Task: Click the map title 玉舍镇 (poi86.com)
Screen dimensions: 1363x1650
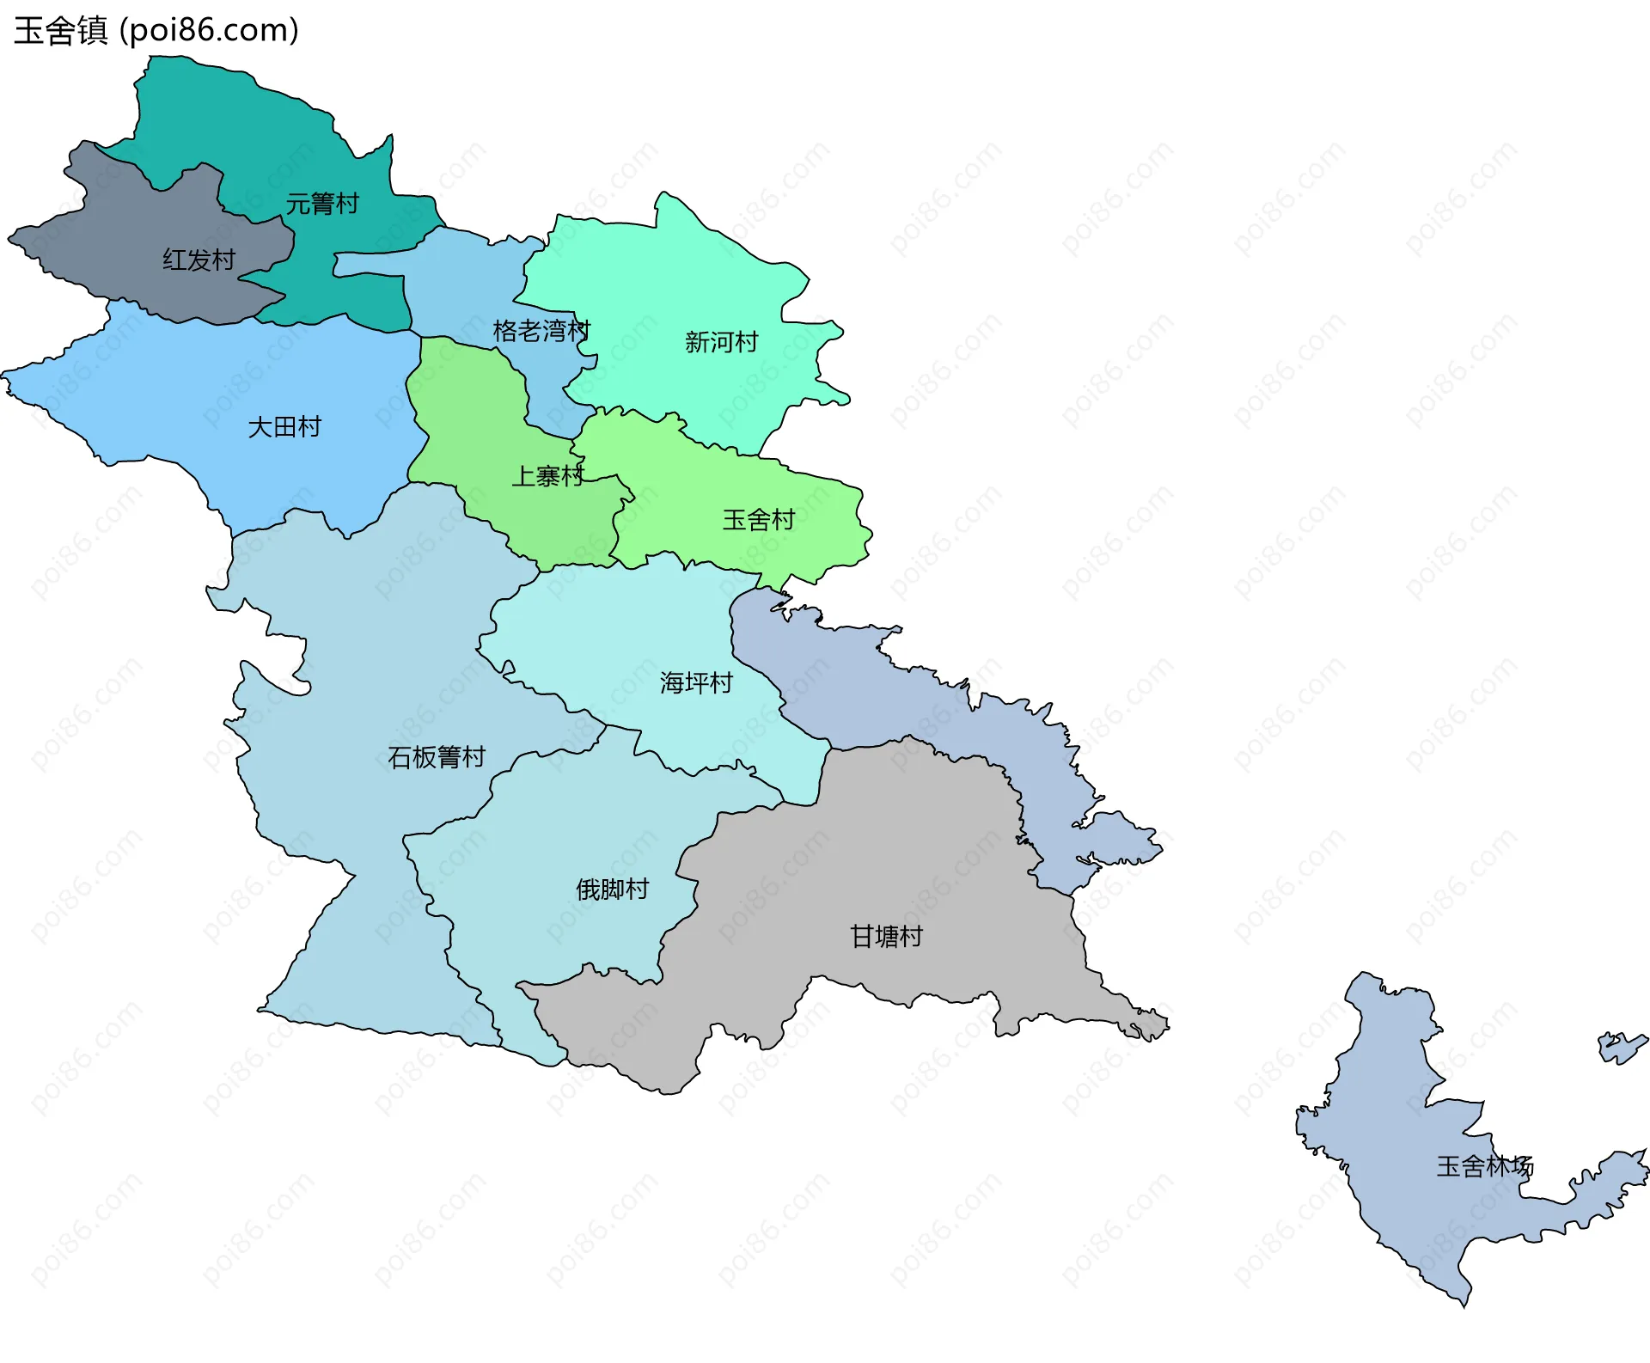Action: point(156,30)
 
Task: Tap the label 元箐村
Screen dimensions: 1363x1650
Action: point(322,204)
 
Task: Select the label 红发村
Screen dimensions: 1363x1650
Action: point(199,260)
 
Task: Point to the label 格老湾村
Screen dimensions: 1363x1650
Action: point(541,330)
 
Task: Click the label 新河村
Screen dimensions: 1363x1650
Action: point(721,342)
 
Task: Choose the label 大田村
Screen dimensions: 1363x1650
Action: point(284,426)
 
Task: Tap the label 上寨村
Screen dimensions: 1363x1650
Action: point(547,476)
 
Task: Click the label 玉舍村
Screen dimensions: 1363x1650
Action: point(758,519)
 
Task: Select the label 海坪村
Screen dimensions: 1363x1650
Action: point(696,682)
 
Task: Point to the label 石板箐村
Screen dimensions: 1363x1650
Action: point(437,756)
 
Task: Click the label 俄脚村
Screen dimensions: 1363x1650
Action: point(612,889)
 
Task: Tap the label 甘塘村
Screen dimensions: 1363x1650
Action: point(886,936)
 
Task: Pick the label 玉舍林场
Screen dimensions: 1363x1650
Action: point(1484,1166)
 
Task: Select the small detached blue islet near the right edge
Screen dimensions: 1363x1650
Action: point(1621,1048)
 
